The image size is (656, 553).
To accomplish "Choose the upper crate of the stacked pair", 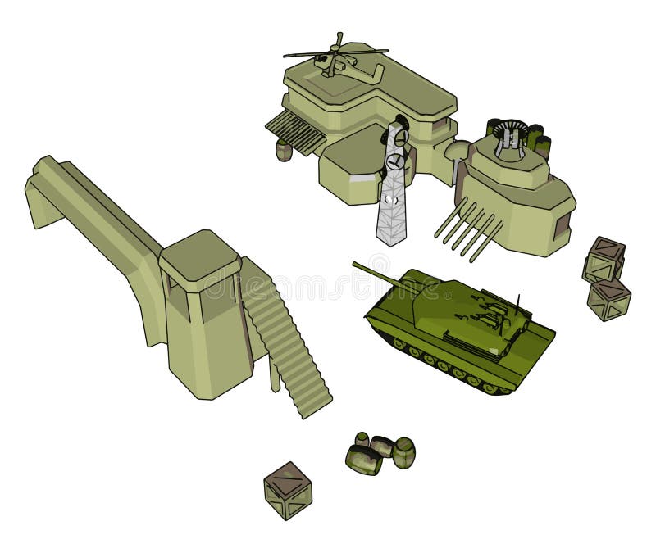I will [x=605, y=259].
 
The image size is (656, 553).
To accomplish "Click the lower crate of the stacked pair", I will [x=608, y=299].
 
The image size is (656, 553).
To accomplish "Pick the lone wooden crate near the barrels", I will [x=288, y=489].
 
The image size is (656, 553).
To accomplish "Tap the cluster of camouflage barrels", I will [x=380, y=453].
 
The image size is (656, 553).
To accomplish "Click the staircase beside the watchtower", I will [x=287, y=344].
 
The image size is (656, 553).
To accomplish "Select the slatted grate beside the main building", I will [x=294, y=130].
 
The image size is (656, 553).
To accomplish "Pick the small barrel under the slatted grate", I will [x=284, y=151].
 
